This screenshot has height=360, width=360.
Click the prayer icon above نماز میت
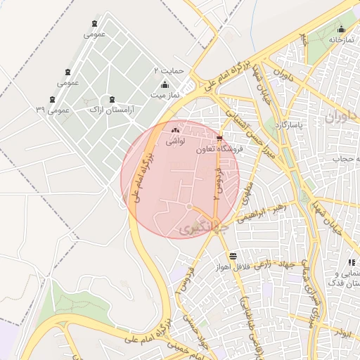click(x=165, y=84)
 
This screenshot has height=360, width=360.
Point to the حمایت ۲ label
click(x=169, y=71)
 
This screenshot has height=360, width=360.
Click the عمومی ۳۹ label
click(x=53, y=110)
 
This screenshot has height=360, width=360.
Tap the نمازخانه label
click(x=338, y=39)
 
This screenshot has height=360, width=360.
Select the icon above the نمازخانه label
click(x=342, y=30)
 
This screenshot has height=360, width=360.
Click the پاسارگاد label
click(x=290, y=125)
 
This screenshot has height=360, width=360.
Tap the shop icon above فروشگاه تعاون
click(x=220, y=139)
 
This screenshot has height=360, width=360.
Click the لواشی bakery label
click(x=174, y=141)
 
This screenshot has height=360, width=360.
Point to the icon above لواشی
click(x=174, y=130)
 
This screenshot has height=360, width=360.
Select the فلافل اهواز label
click(x=232, y=267)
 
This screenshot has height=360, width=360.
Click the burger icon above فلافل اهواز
click(x=233, y=256)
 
